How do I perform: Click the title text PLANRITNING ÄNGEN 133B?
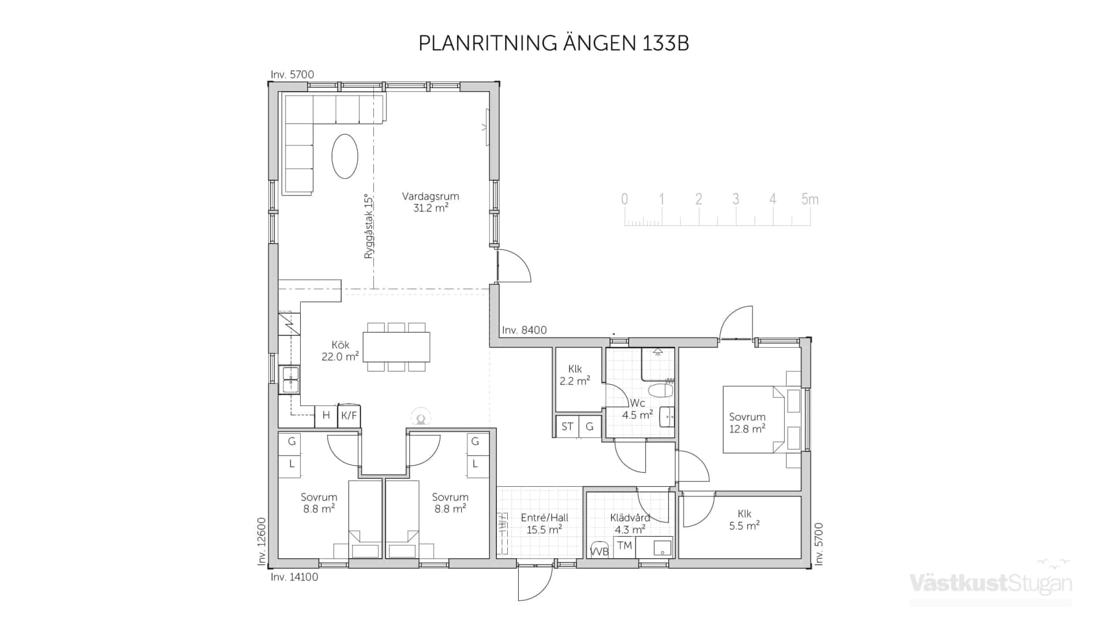point(553,43)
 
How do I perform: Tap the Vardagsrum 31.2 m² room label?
point(431,202)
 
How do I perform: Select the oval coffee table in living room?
point(345,156)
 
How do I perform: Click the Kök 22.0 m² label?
point(340,351)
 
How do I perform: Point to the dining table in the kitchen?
point(396,347)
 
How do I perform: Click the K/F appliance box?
point(349,415)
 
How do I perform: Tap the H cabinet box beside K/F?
point(326,415)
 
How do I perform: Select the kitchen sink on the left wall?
point(289,379)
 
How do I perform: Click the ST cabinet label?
point(567,427)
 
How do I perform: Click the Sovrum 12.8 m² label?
point(747,423)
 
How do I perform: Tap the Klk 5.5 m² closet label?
point(744,520)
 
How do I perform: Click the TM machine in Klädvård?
point(624,546)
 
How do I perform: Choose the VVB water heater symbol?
point(599,551)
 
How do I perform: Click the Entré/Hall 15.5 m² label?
point(544,524)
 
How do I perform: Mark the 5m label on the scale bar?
point(810,200)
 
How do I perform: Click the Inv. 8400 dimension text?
point(524,330)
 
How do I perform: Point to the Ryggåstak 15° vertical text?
point(369,226)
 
